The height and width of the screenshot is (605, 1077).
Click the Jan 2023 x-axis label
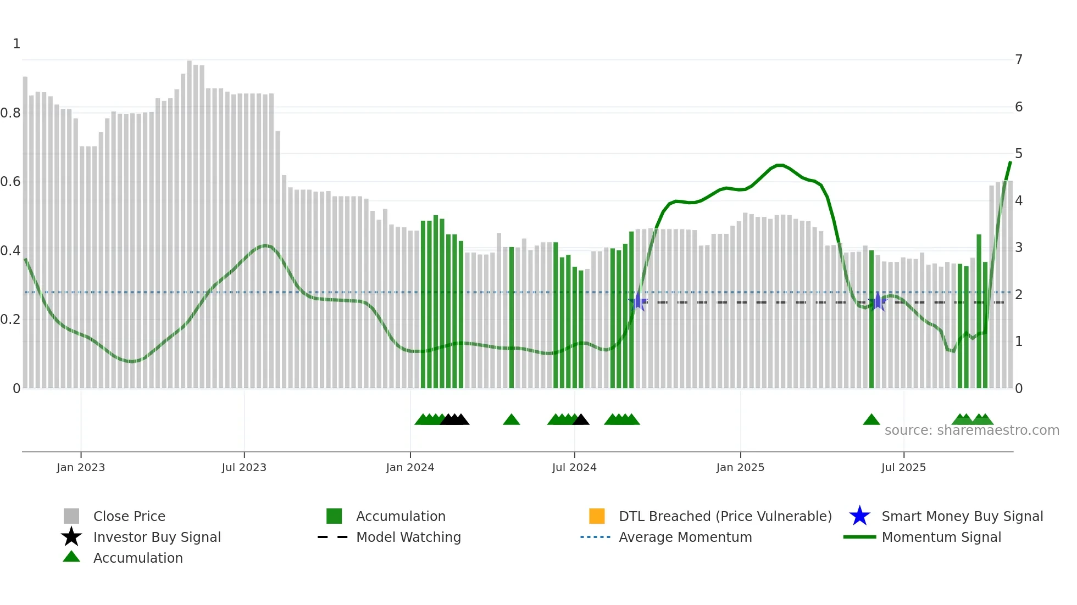pyautogui.click(x=80, y=467)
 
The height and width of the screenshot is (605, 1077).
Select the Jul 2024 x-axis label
pyautogui.click(x=574, y=467)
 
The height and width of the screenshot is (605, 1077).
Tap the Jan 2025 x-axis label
pyautogui.click(x=740, y=467)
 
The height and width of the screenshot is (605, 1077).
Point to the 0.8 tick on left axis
pyautogui.click(x=10, y=113)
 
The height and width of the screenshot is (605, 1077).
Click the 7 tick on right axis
pyautogui.click(x=1019, y=59)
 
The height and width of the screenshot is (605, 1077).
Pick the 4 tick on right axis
pyautogui.click(x=1019, y=200)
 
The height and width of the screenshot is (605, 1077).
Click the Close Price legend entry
pyautogui.click(x=129, y=516)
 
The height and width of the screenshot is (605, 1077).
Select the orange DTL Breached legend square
pyautogui.click(x=597, y=516)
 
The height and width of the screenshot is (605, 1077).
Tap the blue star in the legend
pyautogui.click(x=859, y=516)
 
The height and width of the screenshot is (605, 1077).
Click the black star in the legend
pyautogui.click(x=71, y=537)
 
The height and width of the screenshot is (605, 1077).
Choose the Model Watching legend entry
pyautogui.click(x=408, y=537)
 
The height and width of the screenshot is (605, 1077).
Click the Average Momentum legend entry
pyautogui.click(x=685, y=537)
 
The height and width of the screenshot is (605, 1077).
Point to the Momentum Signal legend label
pyautogui.click(x=941, y=537)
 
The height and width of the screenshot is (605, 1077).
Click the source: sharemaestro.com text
pyautogui.click(x=971, y=430)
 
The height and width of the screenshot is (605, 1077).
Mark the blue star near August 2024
pyautogui.click(x=638, y=301)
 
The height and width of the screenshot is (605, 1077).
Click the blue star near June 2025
pyautogui.click(x=878, y=301)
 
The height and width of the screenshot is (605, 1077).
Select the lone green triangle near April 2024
pyautogui.click(x=511, y=420)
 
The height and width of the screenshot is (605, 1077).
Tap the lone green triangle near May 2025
pyautogui.click(x=871, y=420)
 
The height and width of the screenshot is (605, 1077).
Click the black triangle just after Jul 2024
pyautogui.click(x=581, y=420)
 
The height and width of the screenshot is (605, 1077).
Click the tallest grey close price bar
pyautogui.click(x=190, y=220)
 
